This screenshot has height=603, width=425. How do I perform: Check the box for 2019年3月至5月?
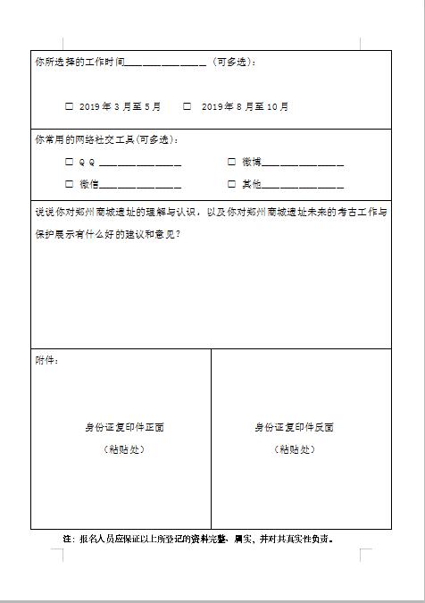[x=70, y=106]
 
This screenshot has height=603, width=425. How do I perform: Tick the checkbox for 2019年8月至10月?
[x=187, y=106]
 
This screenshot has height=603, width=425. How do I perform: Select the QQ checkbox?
[x=70, y=162]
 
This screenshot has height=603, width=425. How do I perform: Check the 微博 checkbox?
[x=232, y=162]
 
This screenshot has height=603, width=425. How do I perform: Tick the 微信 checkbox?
[x=70, y=184]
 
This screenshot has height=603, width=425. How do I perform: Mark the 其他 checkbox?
[x=232, y=184]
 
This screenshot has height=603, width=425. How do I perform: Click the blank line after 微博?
[x=303, y=164]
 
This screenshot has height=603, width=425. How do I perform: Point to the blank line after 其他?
[x=303, y=187]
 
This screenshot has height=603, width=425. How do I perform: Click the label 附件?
[x=46, y=360]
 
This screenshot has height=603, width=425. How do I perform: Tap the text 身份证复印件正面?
[x=123, y=427]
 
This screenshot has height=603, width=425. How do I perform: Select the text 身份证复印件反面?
[x=295, y=427]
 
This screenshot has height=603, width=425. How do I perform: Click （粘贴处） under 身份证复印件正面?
[x=123, y=448]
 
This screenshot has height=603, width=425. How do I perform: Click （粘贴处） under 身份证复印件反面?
[x=295, y=448]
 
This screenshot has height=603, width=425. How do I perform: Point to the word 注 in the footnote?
[x=67, y=539]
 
